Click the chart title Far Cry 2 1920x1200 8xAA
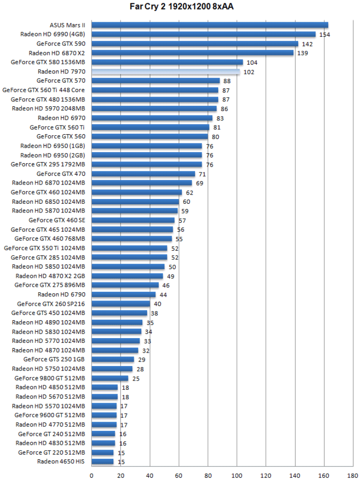[x=180, y=7]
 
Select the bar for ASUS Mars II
[x=209, y=25]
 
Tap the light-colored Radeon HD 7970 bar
[x=166, y=72]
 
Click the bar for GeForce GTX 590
[x=194, y=44]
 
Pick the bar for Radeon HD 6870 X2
[x=192, y=53]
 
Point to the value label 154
[x=324, y=35]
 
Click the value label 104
[x=252, y=63]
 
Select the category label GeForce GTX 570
[x=61, y=81]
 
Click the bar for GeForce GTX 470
[x=143, y=174]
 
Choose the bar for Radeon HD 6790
[x=124, y=295]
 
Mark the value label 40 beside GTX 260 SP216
[x=157, y=304]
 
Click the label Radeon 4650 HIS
[x=61, y=462]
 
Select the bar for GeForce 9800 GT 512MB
[x=110, y=378]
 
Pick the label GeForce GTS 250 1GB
[x=54, y=359]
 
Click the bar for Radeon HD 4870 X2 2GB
[x=127, y=276]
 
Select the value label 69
[x=199, y=184]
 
